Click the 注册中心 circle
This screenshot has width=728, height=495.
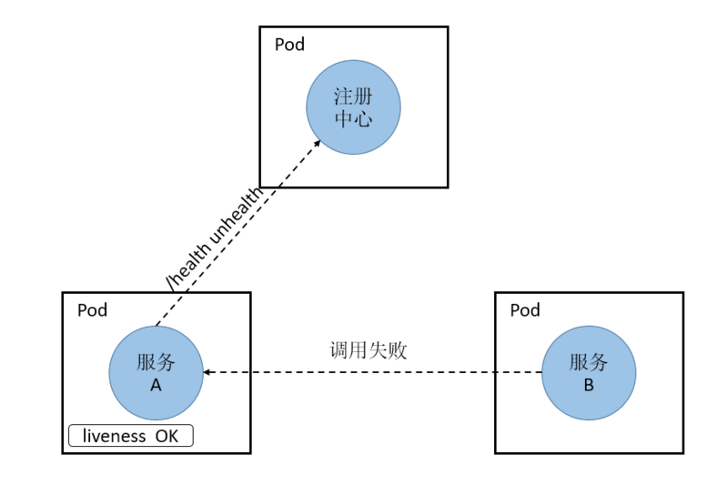[353, 107]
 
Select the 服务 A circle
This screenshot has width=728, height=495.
[156, 372]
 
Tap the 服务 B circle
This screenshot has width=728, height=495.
[589, 373]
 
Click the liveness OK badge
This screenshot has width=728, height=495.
[131, 436]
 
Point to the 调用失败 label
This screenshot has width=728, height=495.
[369, 350]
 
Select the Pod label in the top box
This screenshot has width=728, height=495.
[289, 45]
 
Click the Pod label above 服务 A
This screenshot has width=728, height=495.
[92, 310]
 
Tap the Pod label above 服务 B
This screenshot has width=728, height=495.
[525, 310]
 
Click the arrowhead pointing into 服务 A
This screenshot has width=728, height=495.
[208, 372]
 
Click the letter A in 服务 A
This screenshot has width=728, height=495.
[156, 385]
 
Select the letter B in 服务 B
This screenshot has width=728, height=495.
[589, 385]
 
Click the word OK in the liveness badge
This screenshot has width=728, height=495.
[167, 436]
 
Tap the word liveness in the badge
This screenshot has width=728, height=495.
[114, 436]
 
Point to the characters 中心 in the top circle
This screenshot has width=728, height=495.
[353, 118]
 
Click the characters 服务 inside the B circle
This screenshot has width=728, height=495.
[589, 362]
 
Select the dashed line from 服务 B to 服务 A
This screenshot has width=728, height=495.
[373, 372]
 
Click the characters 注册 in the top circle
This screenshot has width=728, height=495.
[353, 96]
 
